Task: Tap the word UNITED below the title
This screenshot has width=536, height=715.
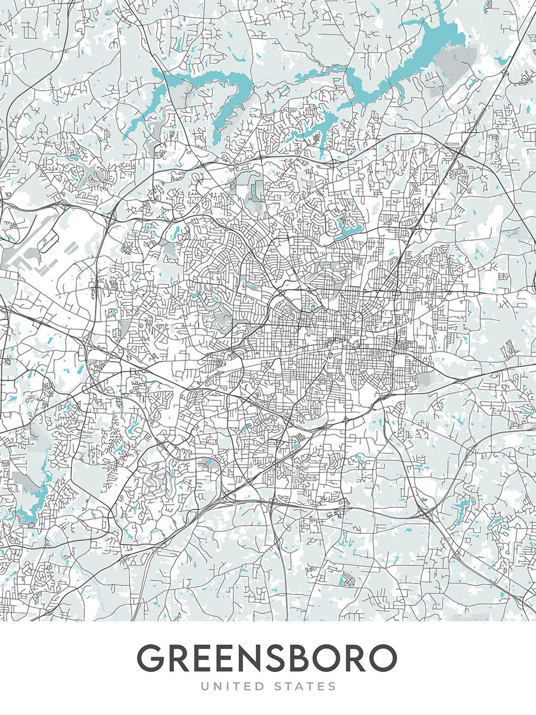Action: (229, 687)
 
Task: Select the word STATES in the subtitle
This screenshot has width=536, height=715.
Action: (303, 687)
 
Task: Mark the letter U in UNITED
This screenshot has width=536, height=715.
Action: (205, 687)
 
